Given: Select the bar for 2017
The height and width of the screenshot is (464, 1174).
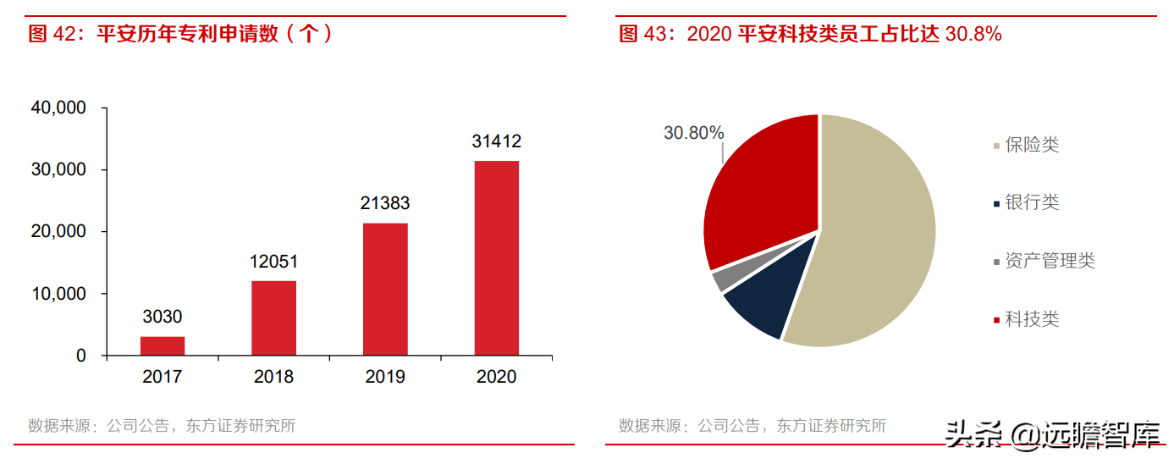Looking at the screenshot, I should pos(163,346).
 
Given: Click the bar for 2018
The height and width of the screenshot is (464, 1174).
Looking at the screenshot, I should pos(273,318).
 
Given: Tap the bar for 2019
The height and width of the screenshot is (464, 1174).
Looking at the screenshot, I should pos(385,290).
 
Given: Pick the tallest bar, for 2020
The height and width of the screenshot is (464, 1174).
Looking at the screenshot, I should pos(496,258).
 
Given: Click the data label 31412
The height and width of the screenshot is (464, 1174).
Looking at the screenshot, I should pos(496,141).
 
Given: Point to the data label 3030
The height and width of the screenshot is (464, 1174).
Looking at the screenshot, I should pos(163,318).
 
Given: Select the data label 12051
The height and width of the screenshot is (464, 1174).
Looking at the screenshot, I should pos(273,262).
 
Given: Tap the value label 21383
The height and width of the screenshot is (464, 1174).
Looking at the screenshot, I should pos(385,204).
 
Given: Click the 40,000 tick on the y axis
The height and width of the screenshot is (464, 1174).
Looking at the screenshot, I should pos(58,108).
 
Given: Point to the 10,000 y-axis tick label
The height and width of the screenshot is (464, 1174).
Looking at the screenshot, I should pos(58,294).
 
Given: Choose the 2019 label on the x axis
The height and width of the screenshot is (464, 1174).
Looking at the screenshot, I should pos(385,377).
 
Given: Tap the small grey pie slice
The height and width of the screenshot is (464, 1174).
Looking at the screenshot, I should pos(722,279).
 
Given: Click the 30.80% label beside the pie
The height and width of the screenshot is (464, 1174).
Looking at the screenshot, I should pos(694,133).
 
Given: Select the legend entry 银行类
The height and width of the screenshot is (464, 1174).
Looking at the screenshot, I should pos(1031,202).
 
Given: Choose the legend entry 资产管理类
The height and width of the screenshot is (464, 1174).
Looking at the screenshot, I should pos(1049,261).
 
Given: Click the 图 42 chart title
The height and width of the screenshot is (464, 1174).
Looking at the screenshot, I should pos(180,34).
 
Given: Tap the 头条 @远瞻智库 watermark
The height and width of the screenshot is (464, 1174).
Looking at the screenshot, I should pos(1054,436).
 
